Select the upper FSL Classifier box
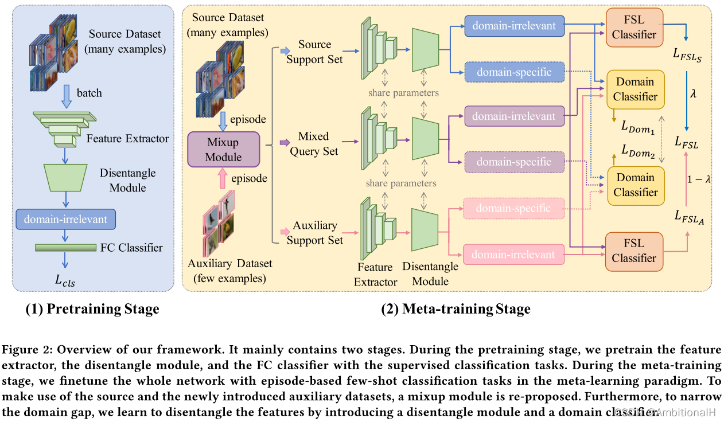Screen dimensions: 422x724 [633, 27]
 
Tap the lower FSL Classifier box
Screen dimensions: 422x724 [633, 251]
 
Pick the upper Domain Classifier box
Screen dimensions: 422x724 [635, 89]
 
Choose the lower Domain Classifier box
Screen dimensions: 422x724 [635, 185]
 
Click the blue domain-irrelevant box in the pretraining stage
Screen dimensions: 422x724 [65, 218]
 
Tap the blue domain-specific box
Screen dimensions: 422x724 [514, 72]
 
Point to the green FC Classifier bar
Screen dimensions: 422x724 [65, 248]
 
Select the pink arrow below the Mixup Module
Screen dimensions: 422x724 [222, 179]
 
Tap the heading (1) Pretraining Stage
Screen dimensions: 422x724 [92, 310]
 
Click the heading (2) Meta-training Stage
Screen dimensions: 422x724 [456, 310]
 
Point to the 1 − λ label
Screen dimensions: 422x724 [699, 179]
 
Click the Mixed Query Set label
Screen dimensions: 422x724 [314, 144]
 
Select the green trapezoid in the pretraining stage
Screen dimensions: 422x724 [65, 178]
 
